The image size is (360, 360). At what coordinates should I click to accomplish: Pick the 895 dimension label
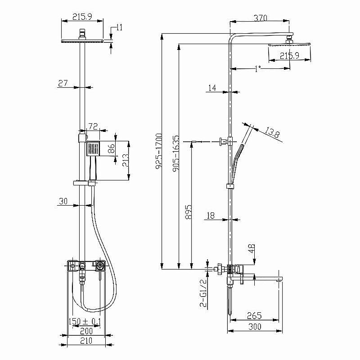[x=189, y=212]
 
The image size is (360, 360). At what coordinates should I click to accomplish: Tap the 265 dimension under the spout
[x=254, y=316]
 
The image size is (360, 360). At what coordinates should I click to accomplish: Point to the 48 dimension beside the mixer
[x=252, y=248]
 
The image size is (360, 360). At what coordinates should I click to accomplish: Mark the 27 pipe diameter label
[x=63, y=83]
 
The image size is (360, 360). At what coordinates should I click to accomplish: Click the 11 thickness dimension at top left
[x=119, y=27]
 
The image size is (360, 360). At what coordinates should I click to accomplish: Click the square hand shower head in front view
[x=93, y=148]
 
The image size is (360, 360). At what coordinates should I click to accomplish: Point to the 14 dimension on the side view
[x=212, y=89]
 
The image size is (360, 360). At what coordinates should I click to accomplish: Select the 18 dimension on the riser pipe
[x=210, y=216]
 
